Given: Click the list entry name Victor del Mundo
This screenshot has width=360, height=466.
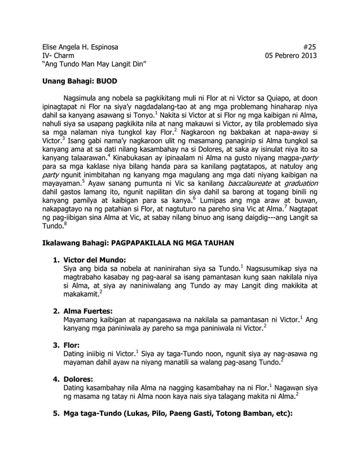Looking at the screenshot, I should tap(99, 259).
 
